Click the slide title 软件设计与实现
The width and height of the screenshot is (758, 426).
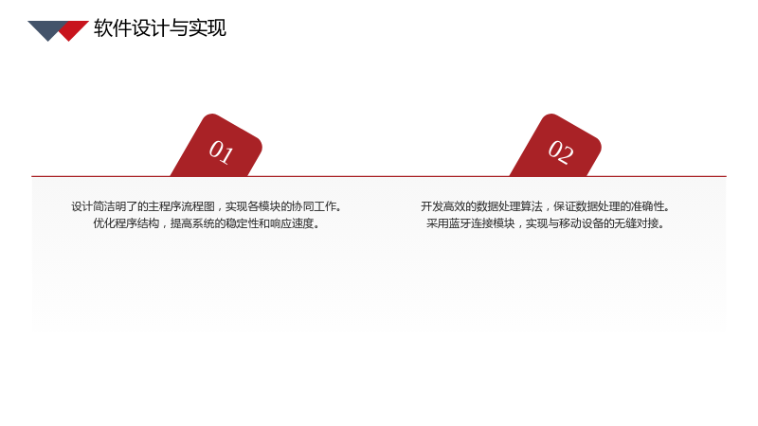click(x=160, y=28)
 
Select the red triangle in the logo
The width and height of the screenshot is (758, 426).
click(x=74, y=30)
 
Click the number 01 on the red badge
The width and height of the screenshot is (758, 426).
click(x=221, y=151)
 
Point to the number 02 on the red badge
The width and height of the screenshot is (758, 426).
click(x=560, y=151)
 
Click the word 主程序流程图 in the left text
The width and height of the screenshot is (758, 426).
click(x=181, y=206)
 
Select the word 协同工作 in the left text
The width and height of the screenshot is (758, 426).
click(x=315, y=206)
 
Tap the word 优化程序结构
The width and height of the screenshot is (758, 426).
click(x=126, y=223)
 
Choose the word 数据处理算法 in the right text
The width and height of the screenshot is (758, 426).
click(x=509, y=206)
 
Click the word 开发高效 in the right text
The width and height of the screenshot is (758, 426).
click(x=442, y=206)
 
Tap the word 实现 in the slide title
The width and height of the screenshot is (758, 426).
click(x=208, y=28)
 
